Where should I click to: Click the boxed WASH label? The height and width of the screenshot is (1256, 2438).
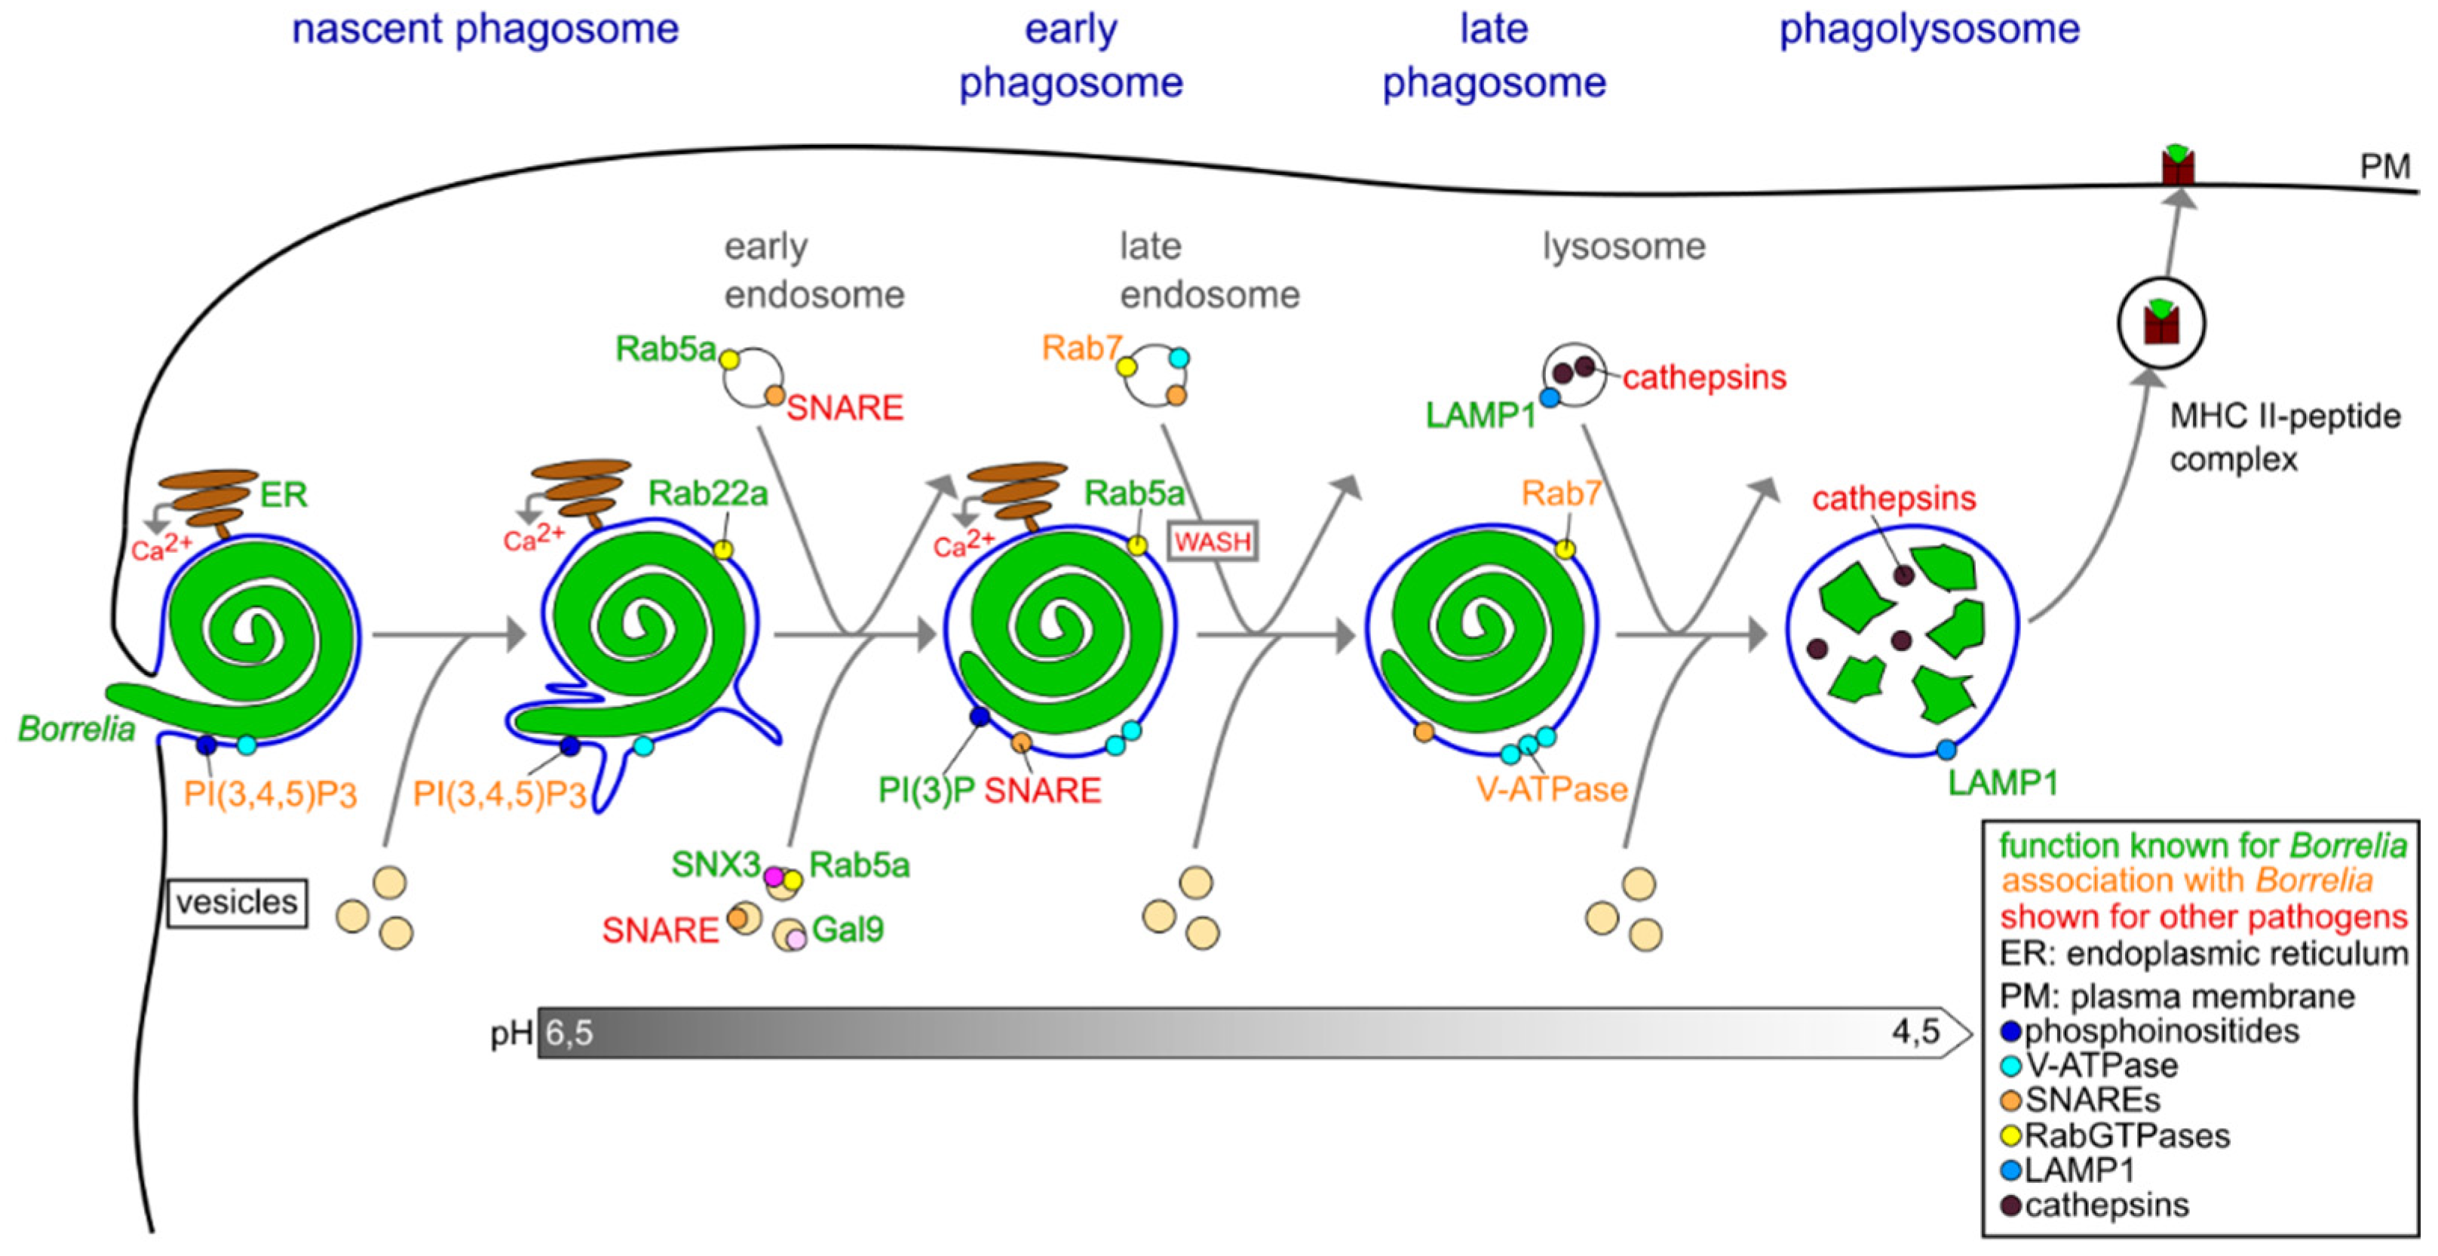tap(1213, 542)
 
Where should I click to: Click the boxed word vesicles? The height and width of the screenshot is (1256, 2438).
tap(237, 902)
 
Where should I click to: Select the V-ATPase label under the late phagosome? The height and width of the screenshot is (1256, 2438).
tap(1551, 788)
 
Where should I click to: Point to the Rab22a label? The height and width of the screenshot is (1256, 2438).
tap(708, 493)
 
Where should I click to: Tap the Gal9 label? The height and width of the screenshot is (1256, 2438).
tap(848, 929)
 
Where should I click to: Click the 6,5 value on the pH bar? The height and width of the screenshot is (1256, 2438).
tap(569, 1033)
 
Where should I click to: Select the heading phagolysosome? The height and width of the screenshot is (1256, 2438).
tap(1929, 29)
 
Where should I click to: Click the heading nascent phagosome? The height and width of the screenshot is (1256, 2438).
tap(485, 29)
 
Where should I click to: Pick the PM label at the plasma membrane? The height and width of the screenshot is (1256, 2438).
tap(2384, 167)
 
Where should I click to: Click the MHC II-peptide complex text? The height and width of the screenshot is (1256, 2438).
tap(2283, 438)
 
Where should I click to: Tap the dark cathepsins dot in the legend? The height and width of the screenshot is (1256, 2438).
tap(2011, 1206)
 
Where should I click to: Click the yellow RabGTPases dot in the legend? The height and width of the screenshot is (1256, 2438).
tap(2011, 1136)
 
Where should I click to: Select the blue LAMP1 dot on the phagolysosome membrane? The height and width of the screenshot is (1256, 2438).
tap(1946, 751)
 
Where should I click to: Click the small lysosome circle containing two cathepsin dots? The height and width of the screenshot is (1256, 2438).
tap(1575, 375)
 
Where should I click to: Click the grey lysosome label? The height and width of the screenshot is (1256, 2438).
tap(1624, 246)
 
